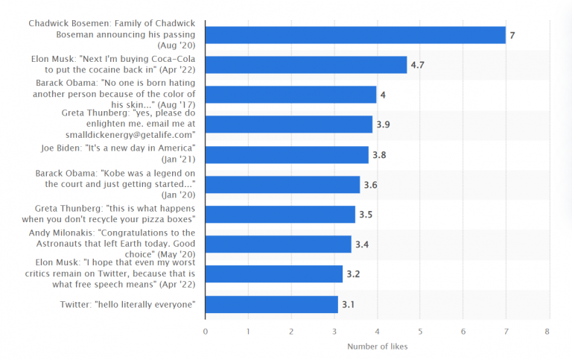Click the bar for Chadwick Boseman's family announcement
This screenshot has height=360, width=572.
(355, 35)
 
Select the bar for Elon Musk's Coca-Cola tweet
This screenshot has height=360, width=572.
(306, 65)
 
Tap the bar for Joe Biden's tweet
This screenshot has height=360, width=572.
(287, 154)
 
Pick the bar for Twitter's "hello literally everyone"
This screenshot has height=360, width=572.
(271, 304)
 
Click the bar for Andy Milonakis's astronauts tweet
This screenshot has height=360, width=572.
(278, 244)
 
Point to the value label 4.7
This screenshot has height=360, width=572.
(417, 65)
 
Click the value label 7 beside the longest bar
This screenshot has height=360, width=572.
(512, 35)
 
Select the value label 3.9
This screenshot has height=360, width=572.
(383, 124)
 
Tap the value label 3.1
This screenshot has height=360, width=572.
(349, 304)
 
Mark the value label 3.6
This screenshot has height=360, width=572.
(370, 185)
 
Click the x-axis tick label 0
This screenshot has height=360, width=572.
(205, 331)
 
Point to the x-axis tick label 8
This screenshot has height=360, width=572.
(547, 331)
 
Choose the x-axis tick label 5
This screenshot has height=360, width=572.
(419, 331)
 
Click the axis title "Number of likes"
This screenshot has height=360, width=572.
(377, 346)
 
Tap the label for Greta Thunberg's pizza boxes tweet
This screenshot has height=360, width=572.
(115, 214)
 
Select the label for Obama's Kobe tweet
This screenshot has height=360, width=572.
(115, 184)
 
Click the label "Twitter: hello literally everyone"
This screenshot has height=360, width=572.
(127, 304)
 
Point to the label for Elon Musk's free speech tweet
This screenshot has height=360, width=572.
(115, 274)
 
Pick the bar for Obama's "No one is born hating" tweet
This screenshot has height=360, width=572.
(290, 95)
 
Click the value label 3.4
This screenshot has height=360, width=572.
(362, 244)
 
